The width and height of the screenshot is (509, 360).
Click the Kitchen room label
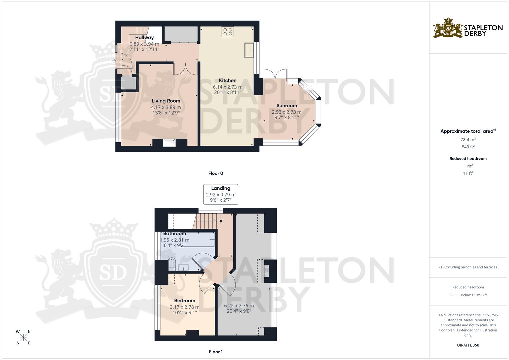pos(228,80)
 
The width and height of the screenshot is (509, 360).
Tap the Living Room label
pos(166,101)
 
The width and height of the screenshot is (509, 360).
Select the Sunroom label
pos(286,106)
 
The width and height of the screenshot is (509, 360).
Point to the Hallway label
pos(144,38)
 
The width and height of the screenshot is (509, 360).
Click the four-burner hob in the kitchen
pos(228,32)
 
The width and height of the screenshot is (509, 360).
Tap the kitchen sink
pos(249,50)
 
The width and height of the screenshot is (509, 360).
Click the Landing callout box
pos(221,194)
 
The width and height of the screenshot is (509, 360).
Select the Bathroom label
pos(174,233)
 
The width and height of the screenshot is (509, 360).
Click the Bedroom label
pos(184,301)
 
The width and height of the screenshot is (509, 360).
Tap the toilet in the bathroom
pos(171,263)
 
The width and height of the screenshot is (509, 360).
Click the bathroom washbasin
pos(183,267)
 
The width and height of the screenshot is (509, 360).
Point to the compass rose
pos(23,337)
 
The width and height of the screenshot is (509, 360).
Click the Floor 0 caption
pos(216,173)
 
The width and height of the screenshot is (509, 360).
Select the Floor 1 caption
pos(216,352)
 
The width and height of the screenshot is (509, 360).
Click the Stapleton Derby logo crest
pos(448,28)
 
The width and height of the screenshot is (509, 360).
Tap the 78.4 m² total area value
pos(468,140)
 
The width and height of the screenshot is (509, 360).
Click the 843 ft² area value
pos(468,147)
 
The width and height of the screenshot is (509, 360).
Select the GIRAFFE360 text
pos(468,345)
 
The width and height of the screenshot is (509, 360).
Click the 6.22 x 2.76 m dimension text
pos(239,305)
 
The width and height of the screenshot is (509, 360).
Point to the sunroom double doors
pos(275,74)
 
